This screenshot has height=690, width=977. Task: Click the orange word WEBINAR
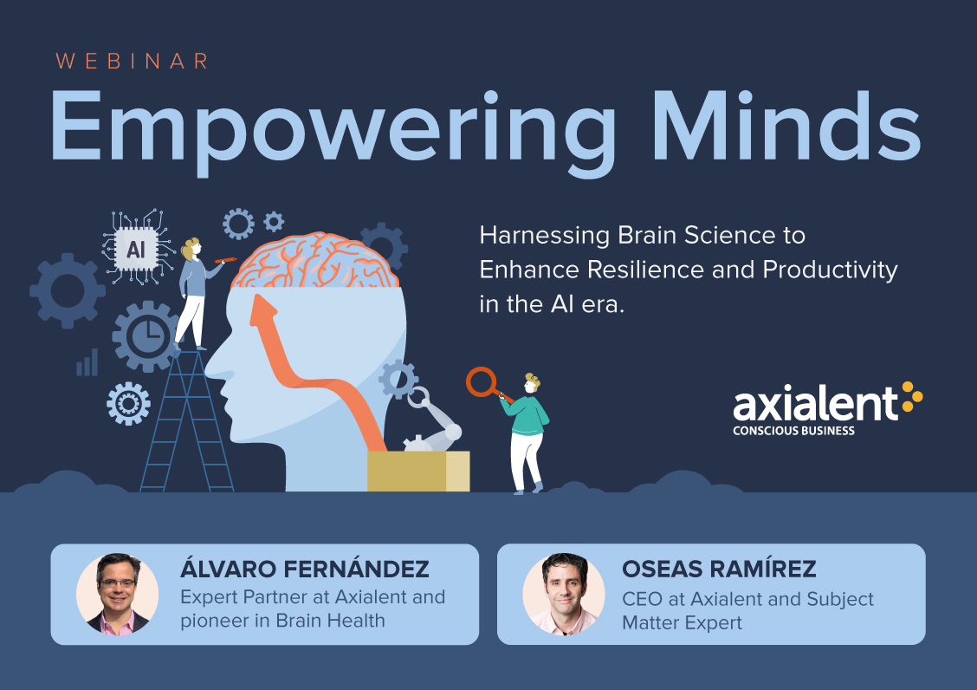[133, 62]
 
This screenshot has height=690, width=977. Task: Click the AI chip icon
[136, 248]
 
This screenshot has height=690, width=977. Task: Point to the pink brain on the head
[315, 261]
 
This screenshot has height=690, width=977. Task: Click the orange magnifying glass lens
[481, 381]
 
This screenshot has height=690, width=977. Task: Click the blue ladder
[186, 421]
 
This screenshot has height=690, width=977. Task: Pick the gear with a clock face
[146, 336]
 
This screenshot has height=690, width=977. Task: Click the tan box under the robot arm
[418, 471]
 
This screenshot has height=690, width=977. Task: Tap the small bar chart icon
[87, 362]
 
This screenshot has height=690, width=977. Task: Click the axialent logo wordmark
[816, 404]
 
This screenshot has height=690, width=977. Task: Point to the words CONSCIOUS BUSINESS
[793, 431]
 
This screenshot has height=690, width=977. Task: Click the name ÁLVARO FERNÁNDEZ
[305, 569]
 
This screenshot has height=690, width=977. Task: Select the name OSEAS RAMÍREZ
[719, 569]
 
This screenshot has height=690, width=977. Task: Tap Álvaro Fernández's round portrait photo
[117, 594]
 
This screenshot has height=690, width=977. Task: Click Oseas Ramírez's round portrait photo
[564, 594]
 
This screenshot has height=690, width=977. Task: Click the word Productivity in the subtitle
[830, 270]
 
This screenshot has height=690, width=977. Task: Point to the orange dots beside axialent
[912, 397]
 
